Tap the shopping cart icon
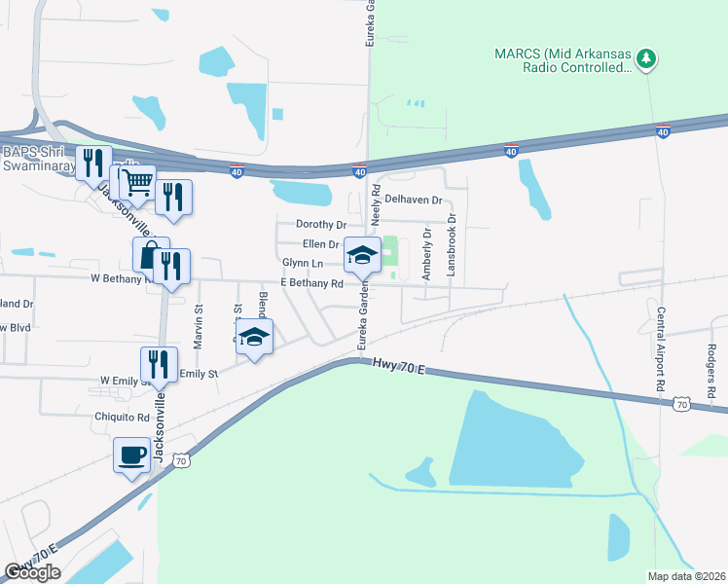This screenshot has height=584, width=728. coord(137,181)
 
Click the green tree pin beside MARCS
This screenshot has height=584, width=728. coord(645,59)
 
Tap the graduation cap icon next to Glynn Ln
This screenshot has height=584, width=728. coord(362,255)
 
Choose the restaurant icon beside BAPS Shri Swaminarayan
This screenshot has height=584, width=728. coord(93,163)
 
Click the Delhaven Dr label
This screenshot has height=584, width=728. coord(413,200)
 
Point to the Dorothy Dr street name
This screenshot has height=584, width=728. coord(321,224)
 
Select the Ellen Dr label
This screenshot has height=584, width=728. coord(321,244)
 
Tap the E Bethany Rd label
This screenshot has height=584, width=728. coord(311,284)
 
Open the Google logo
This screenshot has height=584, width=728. coord(32,572)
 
